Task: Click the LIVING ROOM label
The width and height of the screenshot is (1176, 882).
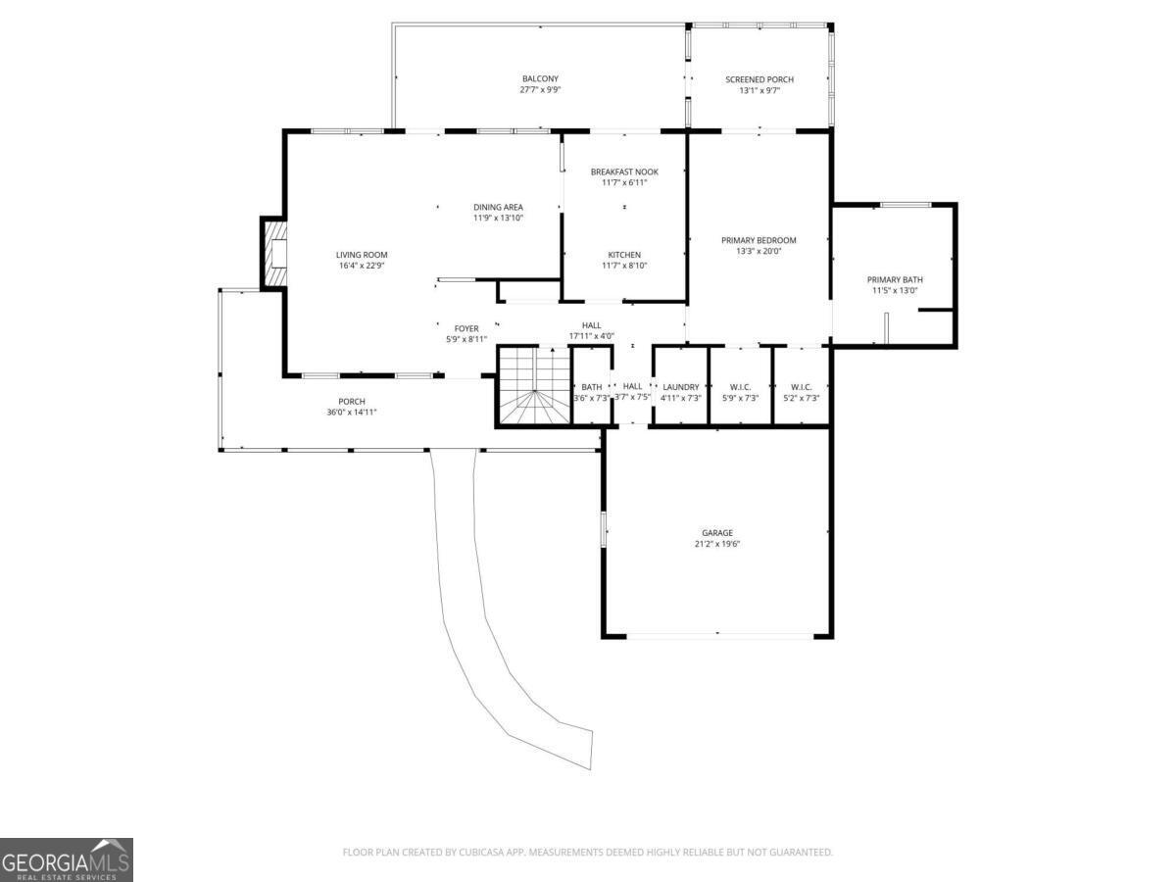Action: point(362,255)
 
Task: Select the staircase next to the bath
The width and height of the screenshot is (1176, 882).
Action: point(535,385)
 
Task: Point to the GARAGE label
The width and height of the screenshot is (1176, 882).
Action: point(716,533)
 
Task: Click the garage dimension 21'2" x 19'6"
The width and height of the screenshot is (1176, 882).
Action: point(716,544)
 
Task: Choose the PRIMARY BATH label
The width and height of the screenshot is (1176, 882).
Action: point(895,279)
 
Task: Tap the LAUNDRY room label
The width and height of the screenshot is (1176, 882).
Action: point(680,387)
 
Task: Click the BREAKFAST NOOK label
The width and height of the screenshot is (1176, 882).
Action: point(624,171)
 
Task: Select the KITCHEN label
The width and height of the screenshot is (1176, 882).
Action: point(624,255)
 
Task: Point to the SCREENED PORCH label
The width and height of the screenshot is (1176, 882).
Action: point(759,79)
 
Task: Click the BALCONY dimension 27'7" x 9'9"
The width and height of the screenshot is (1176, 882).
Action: point(540,90)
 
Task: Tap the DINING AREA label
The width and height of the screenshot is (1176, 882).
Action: point(498,207)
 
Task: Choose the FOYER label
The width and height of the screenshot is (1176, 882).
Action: point(466,328)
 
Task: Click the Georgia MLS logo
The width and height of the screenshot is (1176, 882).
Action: point(66,859)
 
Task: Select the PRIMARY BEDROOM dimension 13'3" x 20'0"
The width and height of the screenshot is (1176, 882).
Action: point(759,251)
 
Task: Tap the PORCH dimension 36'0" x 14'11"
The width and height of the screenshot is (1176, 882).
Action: point(352,413)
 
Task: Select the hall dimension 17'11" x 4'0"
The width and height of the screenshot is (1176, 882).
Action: point(592,336)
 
